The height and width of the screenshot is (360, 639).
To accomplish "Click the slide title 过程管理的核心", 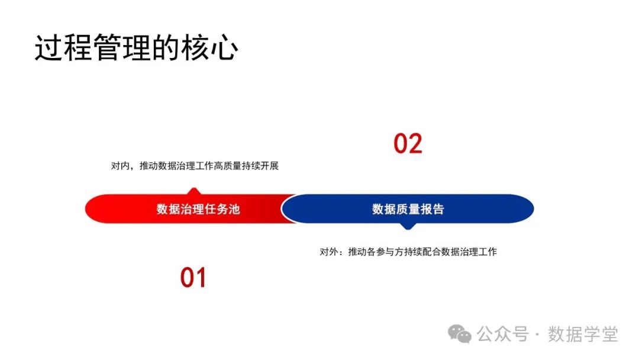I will (x=136, y=49).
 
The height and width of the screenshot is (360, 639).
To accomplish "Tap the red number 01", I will (x=193, y=278).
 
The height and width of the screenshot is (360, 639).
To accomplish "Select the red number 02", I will (x=408, y=144).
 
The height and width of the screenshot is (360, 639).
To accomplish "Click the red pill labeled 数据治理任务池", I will (x=189, y=209).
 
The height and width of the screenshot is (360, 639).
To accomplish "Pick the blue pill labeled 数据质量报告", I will (x=408, y=209).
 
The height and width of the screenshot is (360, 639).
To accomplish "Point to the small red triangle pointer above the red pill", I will (x=192, y=191).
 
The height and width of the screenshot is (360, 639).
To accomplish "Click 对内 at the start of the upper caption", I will (x=120, y=166).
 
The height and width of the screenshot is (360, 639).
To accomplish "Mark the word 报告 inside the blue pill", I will (x=433, y=209).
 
